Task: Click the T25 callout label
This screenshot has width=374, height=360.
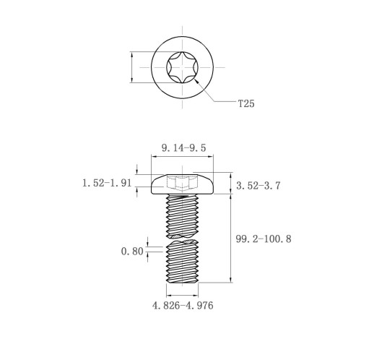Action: pos(246,103)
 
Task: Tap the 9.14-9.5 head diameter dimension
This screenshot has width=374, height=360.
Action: pos(183,147)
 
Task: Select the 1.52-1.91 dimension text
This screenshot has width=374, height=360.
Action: pos(107,183)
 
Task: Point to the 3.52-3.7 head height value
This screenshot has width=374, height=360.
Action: pos(258,186)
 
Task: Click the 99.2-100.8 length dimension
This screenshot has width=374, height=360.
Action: pos(264,239)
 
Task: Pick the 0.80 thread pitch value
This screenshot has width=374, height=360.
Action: pos(132,252)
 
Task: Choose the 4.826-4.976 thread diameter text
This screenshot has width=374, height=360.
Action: pos(183,306)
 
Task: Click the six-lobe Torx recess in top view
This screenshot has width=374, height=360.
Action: pos(182,67)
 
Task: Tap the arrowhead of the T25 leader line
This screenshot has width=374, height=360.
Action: pos(196,81)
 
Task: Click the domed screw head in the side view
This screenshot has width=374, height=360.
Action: pos(182,184)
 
